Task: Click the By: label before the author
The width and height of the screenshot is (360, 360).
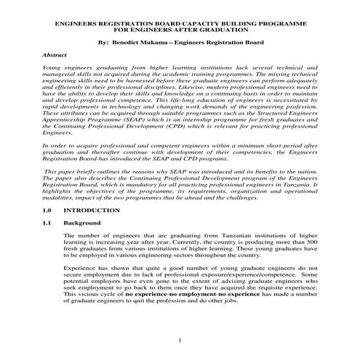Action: [102, 43]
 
